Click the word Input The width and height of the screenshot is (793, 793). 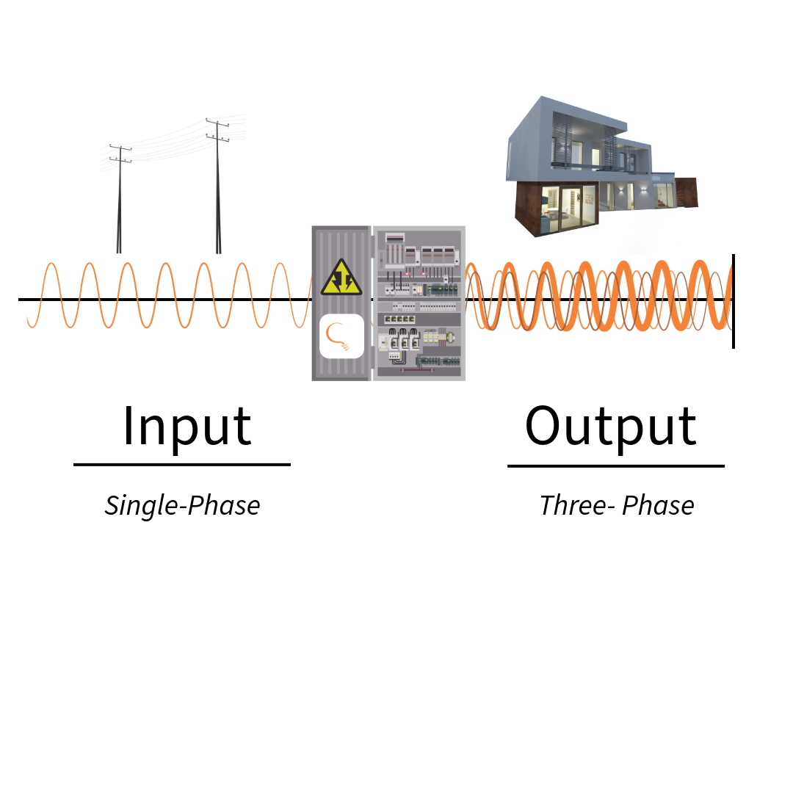tap(187, 426)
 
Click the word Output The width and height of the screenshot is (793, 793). tap(611, 426)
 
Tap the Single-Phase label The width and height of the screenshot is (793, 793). tap(182, 505)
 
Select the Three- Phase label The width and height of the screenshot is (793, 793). tap(617, 505)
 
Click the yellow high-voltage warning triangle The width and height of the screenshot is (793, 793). tap(341, 279)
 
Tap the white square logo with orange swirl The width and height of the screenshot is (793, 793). tap(341, 336)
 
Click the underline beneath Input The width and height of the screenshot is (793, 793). tap(182, 464)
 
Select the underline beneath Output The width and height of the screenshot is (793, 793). tap(615, 466)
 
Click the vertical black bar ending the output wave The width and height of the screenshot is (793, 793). tap(733, 301)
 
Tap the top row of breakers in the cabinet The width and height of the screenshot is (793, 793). tap(419, 253)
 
